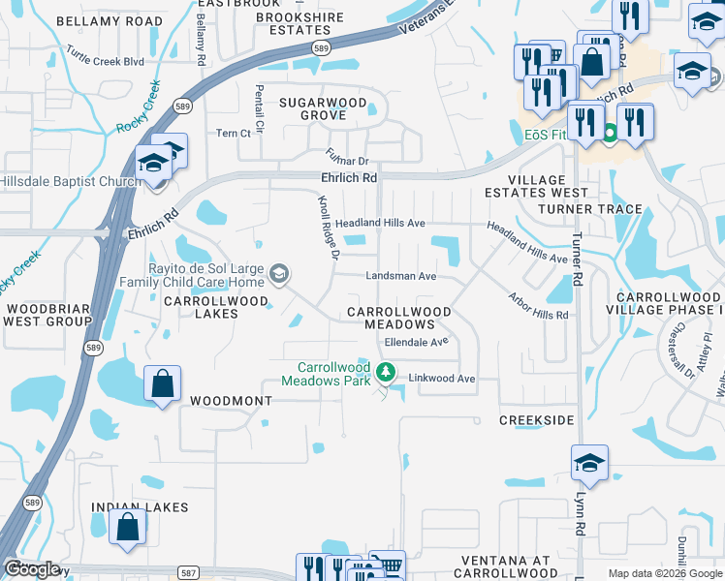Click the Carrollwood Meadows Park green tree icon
[x=386, y=372]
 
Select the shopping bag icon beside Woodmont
[x=162, y=382]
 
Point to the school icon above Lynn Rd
[x=588, y=463]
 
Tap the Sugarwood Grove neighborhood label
[x=323, y=108]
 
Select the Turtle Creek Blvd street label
[x=105, y=61]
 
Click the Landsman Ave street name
[x=401, y=276]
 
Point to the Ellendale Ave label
[x=415, y=342]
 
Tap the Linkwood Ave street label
[x=442, y=379]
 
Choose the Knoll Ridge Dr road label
[x=330, y=227]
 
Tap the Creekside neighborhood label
[x=536, y=420]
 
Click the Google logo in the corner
[x=32, y=568]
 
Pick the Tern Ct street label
[x=234, y=133]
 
